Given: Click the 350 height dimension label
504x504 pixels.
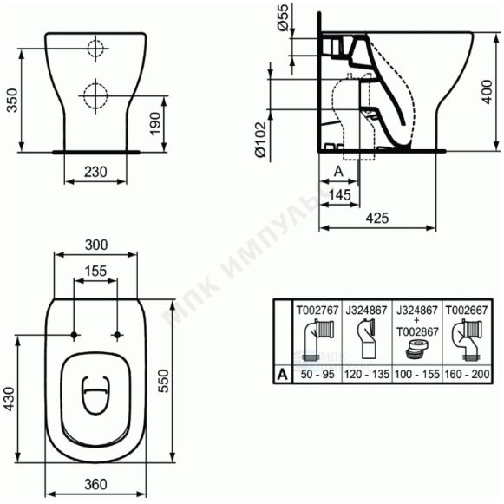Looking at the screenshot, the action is [12, 101].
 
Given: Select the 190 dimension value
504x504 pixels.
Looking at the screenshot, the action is [155, 124].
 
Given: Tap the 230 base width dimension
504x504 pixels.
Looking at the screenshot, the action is [95, 172].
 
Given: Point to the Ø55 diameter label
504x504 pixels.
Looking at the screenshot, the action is [283, 17].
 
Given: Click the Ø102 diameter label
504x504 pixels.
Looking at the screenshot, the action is [261, 140].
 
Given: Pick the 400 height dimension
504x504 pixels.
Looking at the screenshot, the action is [487, 92].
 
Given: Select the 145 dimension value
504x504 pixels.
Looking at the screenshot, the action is [340, 195].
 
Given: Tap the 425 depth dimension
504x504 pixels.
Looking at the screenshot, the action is [377, 218].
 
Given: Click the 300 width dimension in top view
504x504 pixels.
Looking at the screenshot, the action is [96, 245].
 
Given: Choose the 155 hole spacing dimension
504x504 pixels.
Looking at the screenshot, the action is [95, 271].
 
